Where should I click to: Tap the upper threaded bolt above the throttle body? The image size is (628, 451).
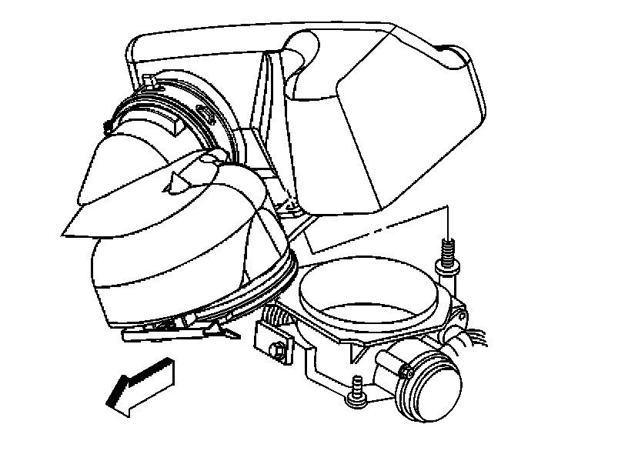point(446,255)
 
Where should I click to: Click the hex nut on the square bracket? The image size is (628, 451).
point(276,353)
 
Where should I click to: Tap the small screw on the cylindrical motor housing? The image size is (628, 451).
point(403,373)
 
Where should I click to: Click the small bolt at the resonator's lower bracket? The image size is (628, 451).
point(290,207)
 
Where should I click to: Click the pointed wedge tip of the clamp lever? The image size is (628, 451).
point(229,332)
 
